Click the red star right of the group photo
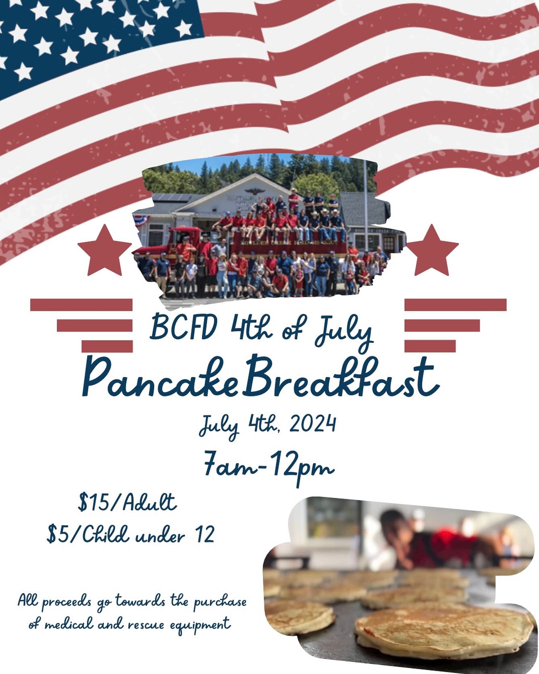click(432, 250)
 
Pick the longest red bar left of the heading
click(81, 305)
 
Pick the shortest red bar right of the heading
click(430, 346)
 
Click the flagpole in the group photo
click(365, 202)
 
